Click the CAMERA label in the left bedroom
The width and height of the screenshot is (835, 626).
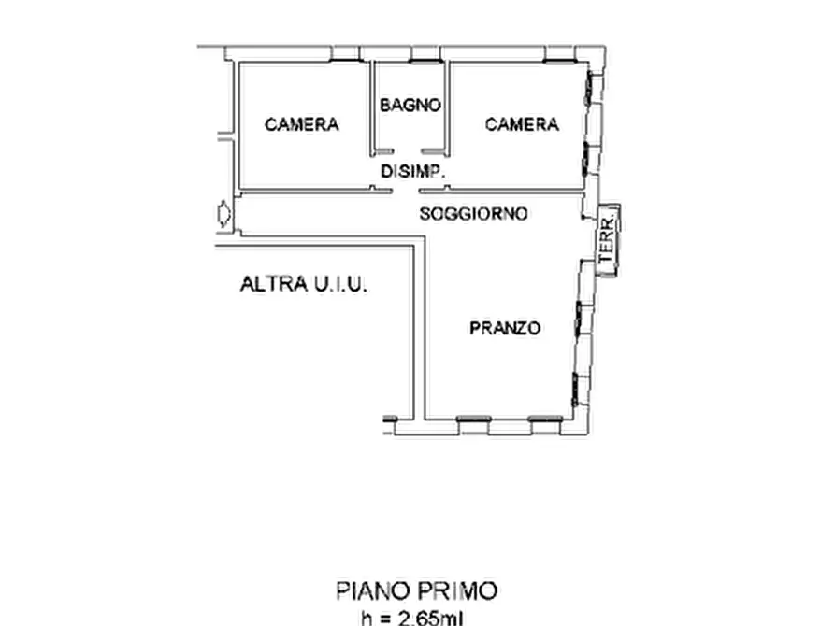point(301,124)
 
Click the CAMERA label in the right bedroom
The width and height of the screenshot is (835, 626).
point(522,124)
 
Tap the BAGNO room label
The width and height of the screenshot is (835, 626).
point(410,106)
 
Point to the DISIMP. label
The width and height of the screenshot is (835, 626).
point(411,172)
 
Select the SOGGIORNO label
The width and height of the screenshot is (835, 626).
point(473,214)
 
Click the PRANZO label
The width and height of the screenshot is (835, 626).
point(505,328)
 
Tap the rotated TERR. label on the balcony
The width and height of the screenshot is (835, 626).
point(608,239)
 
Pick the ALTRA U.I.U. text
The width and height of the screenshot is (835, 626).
point(304,285)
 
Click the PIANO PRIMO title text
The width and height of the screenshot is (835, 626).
point(416,590)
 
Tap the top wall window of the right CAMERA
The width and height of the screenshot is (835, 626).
point(559,61)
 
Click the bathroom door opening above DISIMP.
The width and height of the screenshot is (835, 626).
point(408,151)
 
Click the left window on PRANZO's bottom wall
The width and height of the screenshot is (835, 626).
point(473,420)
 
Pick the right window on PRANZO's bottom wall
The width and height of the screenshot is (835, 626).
point(545,420)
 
